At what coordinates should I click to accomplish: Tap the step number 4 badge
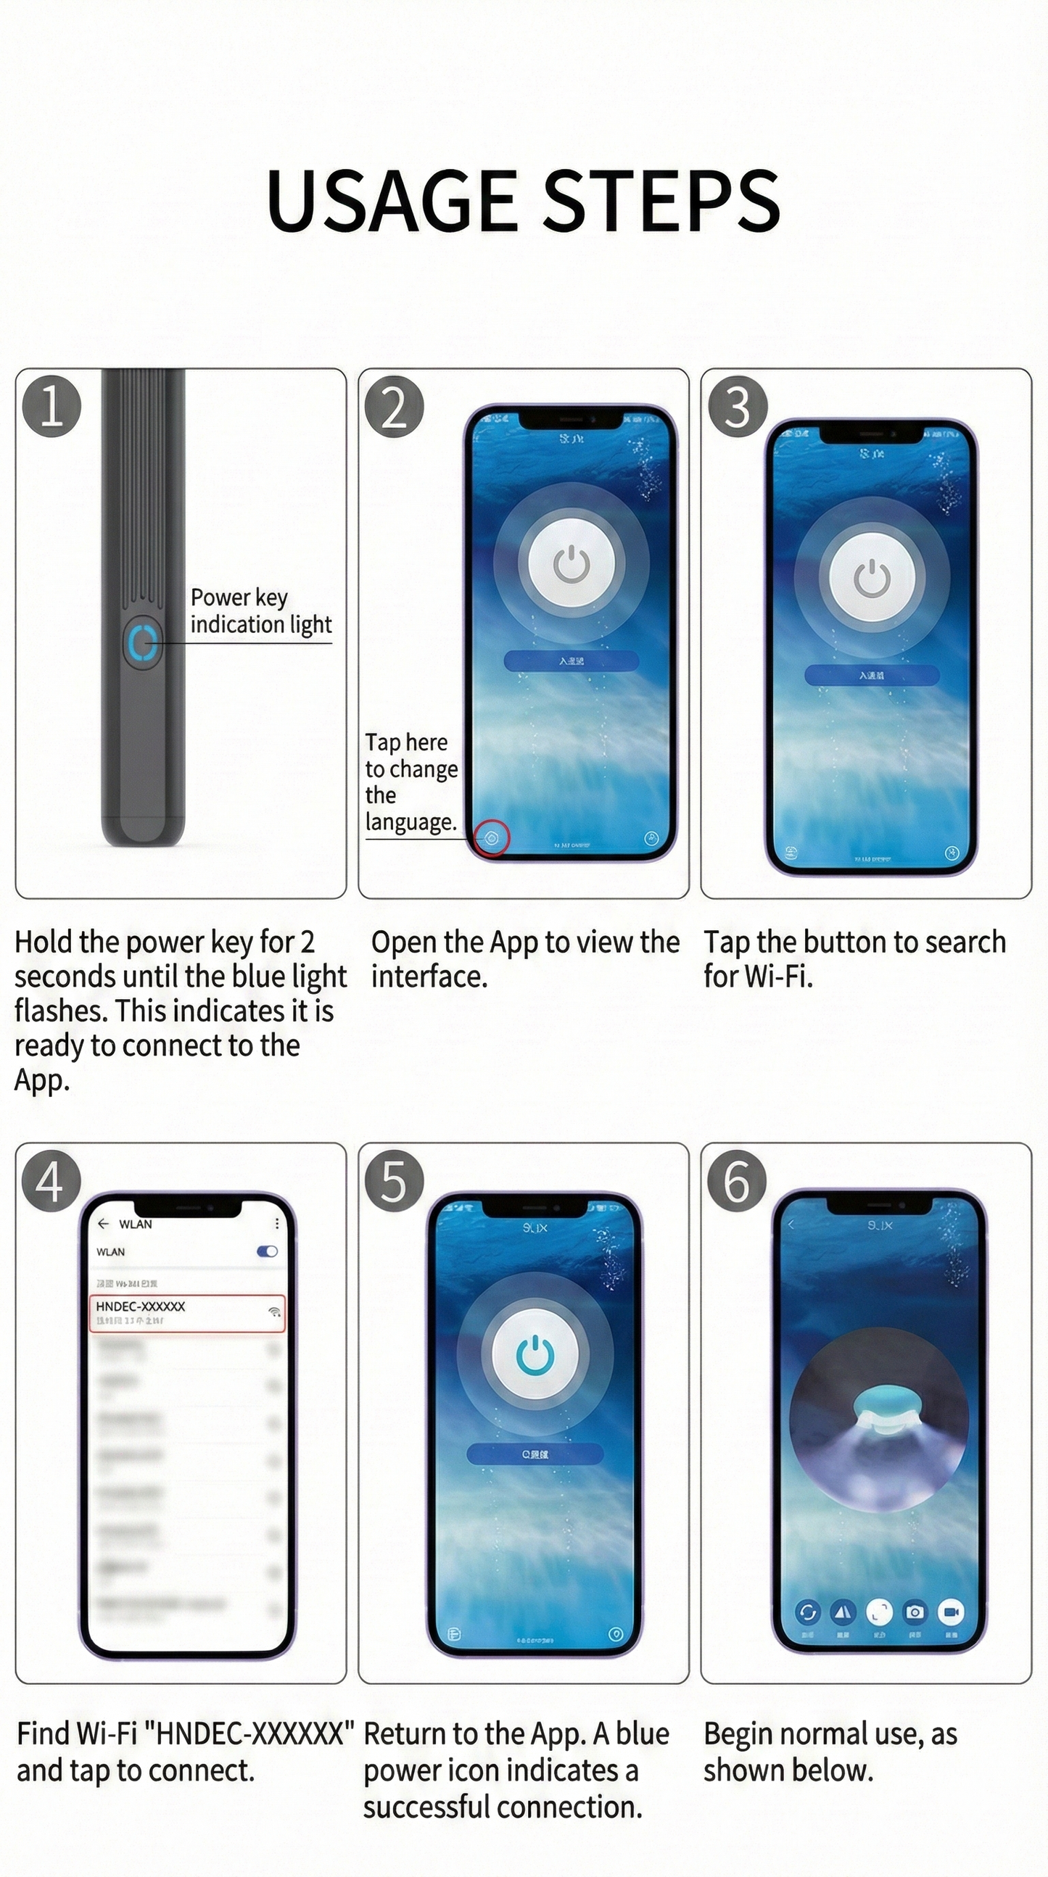(x=49, y=1181)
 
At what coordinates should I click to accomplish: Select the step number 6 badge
(x=736, y=1181)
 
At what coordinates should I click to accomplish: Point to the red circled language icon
(x=492, y=839)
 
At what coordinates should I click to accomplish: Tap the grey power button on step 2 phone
(x=572, y=564)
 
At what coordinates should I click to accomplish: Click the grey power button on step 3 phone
(x=872, y=579)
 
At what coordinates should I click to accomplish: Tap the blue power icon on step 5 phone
(x=535, y=1354)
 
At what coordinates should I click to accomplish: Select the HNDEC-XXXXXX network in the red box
(x=186, y=1312)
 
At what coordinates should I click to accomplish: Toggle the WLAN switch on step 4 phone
(x=267, y=1251)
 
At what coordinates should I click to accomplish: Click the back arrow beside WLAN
(x=103, y=1223)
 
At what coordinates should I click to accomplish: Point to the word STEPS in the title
(x=661, y=200)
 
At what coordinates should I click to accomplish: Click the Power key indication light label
(x=260, y=610)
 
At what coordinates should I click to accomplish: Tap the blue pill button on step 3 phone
(x=872, y=676)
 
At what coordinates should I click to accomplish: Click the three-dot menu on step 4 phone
(x=277, y=1223)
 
